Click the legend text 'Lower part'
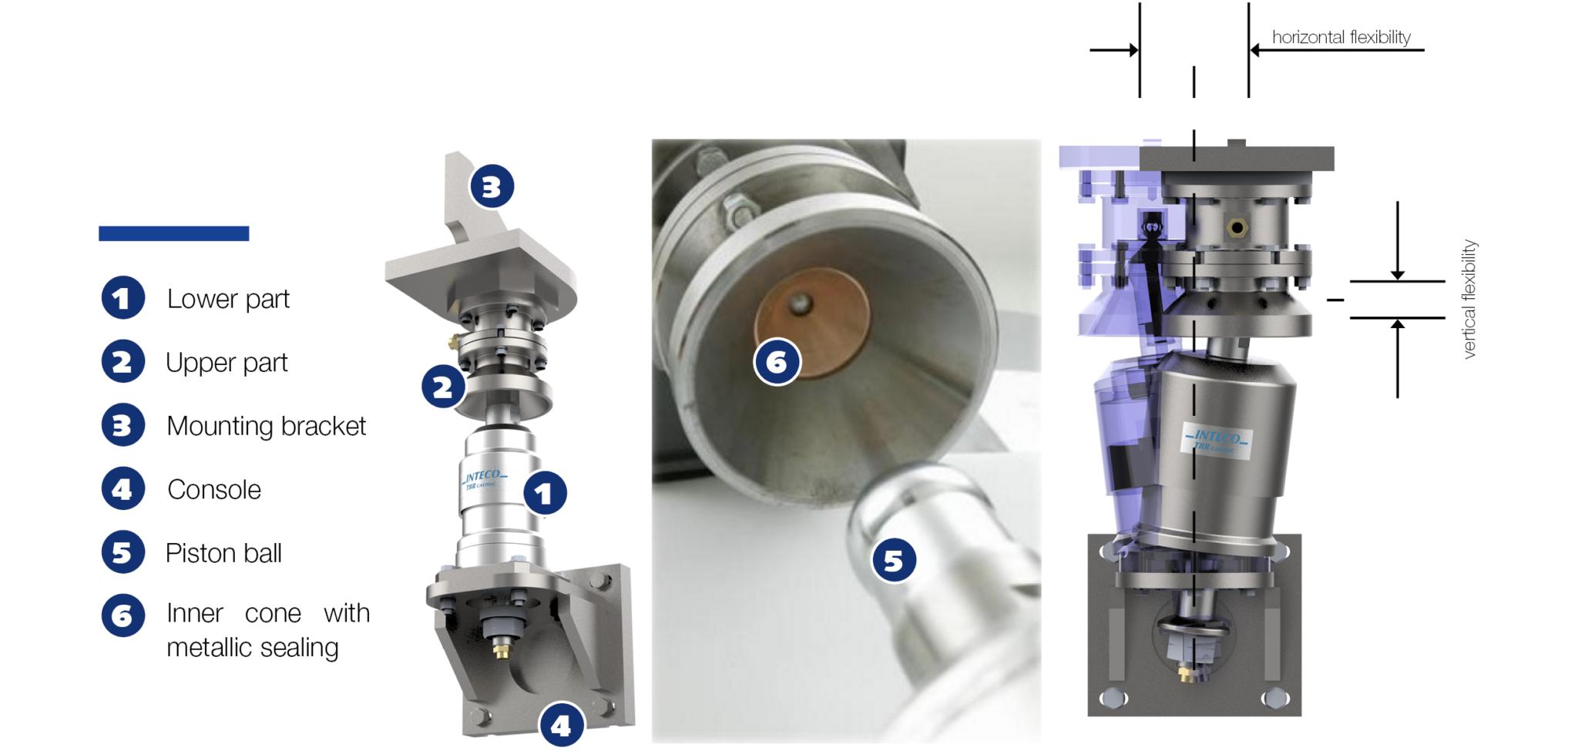pyautogui.click(x=228, y=299)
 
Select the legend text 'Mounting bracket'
pyautogui.click(x=266, y=426)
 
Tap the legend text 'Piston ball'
pyautogui.click(x=223, y=553)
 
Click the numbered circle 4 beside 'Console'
pyautogui.click(x=123, y=489)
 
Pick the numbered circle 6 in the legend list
pyautogui.click(x=123, y=615)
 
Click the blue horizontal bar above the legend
pyautogui.click(x=173, y=233)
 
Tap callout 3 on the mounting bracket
pyautogui.click(x=492, y=186)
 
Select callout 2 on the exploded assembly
pyautogui.click(x=443, y=387)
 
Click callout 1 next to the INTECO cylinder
pyautogui.click(x=545, y=493)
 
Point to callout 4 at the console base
pyautogui.click(x=561, y=725)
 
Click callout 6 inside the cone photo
pyautogui.click(x=777, y=362)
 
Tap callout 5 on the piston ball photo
pyautogui.click(x=894, y=561)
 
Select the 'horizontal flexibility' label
pyautogui.click(x=1341, y=37)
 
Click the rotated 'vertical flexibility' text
pyautogui.click(x=1469, y=299)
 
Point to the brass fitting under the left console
pyautogui.click(x=502, y=652)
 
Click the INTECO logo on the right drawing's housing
pyautogui.click(x=1217, y=441)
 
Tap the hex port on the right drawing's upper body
pyautogui.click(x=1237, y=228)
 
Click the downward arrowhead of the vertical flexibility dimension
pyautogui.click(x=1397, y=274)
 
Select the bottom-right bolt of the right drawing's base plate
pyautogui.click(x=1274, y=699)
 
